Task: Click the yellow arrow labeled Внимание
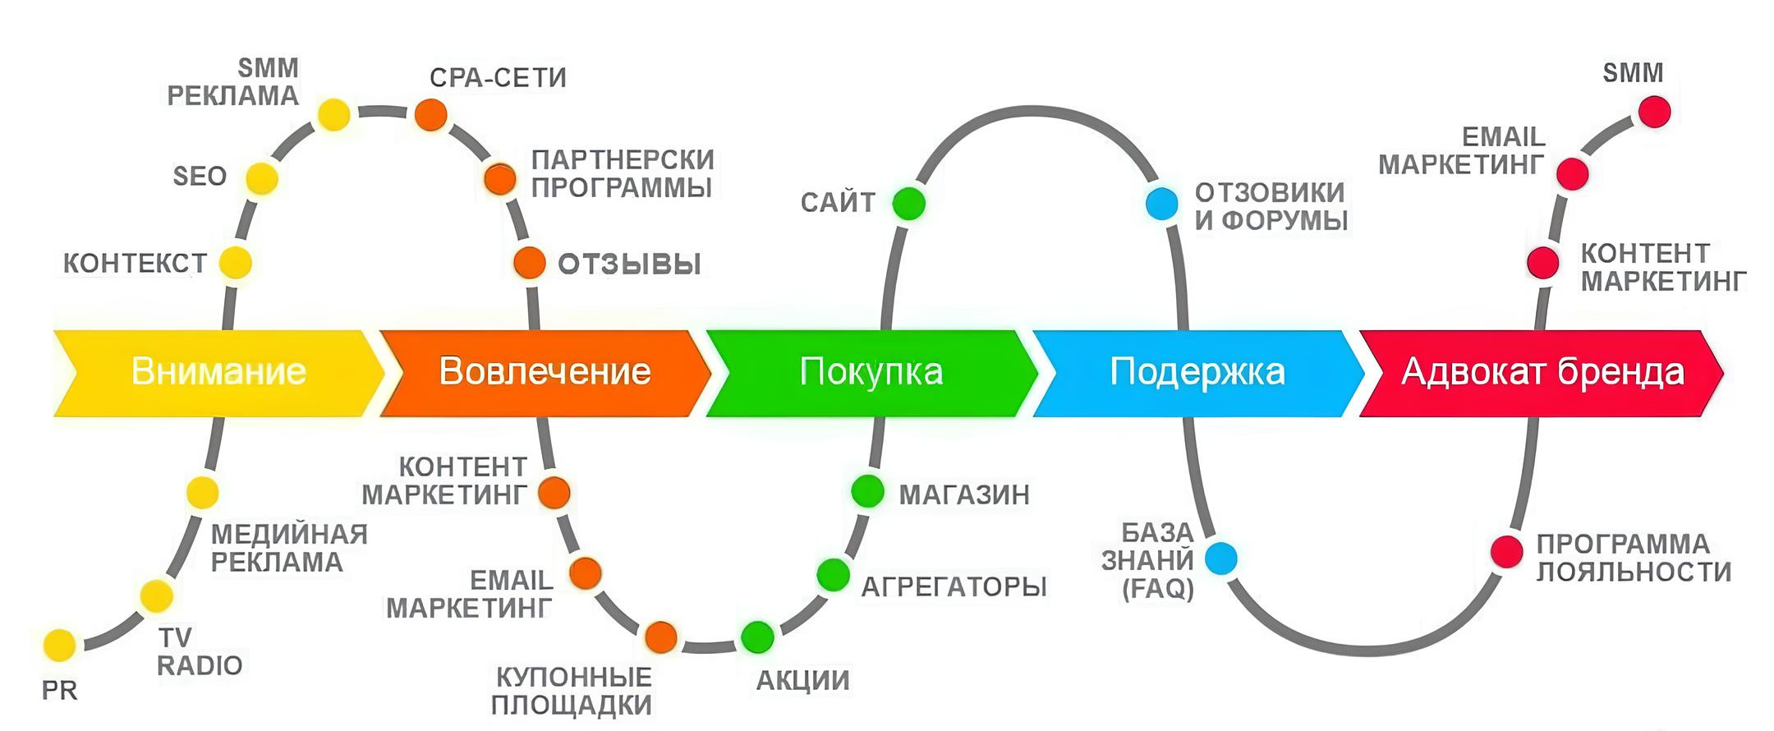[218, 373]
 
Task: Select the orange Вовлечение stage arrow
[545, 373]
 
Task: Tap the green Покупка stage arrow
[871, 373]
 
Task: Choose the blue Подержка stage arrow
[1197, 373]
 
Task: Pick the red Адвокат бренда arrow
[1542, 373]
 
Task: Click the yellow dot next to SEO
[262, 178]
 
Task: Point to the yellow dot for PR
[59, 646]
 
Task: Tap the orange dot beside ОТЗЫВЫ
[530, 263]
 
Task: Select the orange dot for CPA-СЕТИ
[430, 114]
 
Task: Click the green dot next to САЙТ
[908, 203]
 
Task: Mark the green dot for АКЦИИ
[757, 637]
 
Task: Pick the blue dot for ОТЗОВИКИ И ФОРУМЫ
[1161, 203]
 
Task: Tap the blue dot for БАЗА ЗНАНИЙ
[1220, 559]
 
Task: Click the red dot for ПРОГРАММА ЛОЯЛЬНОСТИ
[1507, 551]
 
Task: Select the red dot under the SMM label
[1654, 112]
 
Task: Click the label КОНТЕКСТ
[135, 264]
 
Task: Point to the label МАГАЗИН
[964, 494]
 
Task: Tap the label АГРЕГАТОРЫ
[954, 586]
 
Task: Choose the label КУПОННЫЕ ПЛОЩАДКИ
[572, 692]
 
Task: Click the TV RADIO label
[199, 651]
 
